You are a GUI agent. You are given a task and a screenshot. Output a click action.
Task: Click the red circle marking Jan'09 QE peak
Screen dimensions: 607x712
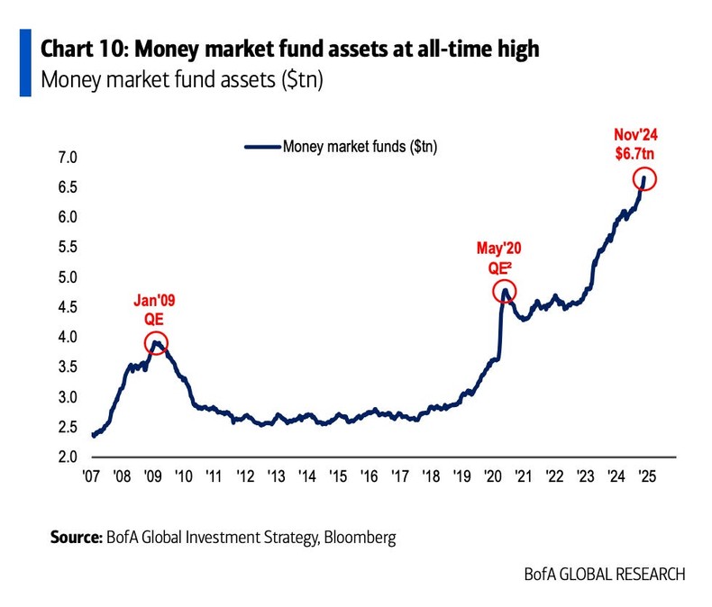[156, 343]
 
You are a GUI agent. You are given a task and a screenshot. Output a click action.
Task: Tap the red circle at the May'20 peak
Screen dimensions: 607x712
[505, 292]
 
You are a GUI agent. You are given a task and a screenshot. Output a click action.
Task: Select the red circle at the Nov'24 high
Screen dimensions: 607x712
[644, 178]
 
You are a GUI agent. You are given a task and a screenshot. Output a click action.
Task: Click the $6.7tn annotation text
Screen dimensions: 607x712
[643, 153]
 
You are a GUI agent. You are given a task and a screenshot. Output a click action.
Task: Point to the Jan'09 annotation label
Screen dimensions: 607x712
[155, 301]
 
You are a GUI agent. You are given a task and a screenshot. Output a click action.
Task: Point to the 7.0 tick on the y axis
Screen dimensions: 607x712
[68, 159]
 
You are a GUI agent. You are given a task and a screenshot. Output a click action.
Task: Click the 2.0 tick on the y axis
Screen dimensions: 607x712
[68, 457]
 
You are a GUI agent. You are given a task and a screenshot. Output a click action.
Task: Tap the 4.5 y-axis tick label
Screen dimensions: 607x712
[68, 308]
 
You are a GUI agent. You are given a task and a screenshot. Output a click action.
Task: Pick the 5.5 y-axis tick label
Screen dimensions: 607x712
[68, 248]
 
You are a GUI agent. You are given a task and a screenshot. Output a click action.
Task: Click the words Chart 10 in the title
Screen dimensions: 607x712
[81, 49]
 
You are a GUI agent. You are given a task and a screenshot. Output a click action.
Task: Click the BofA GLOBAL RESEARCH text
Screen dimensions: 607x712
[604, 574]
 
